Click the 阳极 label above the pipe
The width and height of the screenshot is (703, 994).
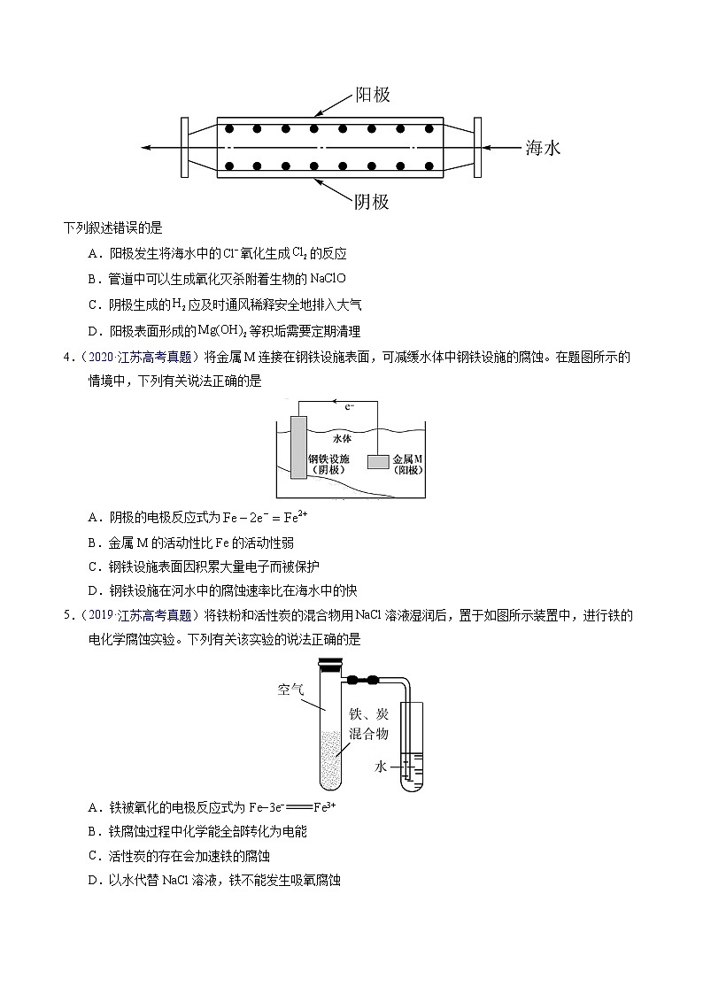click(x=372, y=95)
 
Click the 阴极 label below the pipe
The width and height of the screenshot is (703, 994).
click(x=372, y=202)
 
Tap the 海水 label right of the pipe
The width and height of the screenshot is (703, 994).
click(x=543, y=148)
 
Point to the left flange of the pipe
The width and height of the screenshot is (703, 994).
click(x=184, y=147)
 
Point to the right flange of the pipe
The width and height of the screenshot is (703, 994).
click(x=477, y=147)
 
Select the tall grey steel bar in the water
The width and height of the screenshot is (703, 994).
click(x=297, y=446)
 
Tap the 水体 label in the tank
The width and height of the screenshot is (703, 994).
click(x=343, y=437)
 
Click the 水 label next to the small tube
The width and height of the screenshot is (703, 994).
click(x=381, y=767)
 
